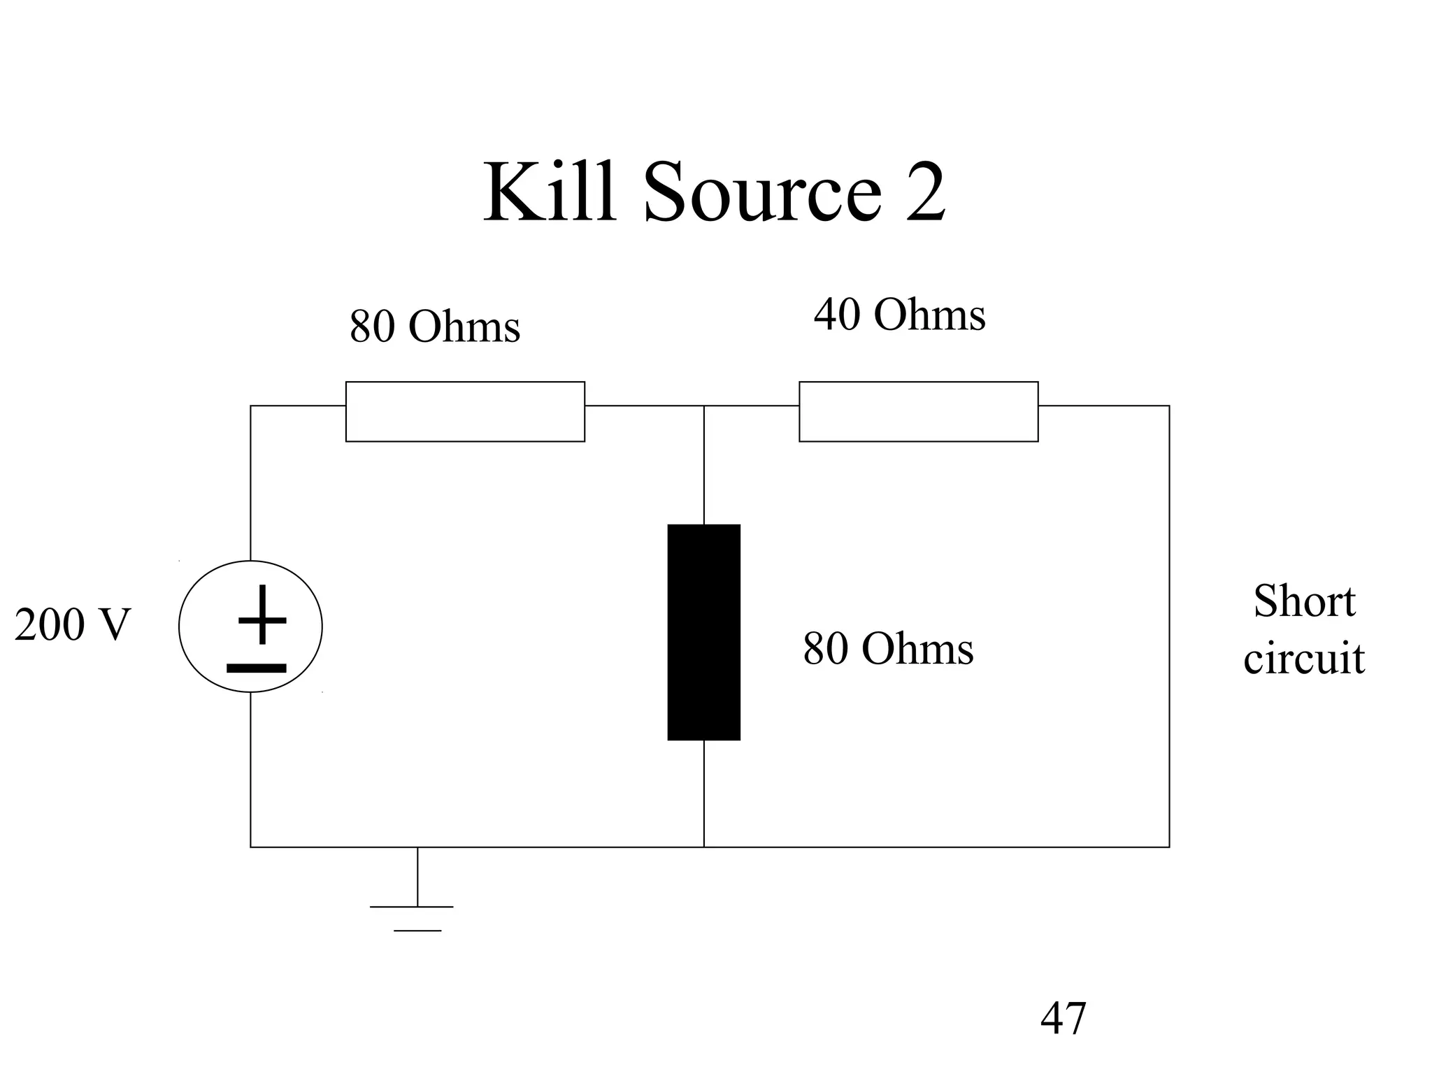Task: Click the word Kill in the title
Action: (550, 192)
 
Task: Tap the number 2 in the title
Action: (925, 192)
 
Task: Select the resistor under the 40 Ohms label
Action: (918, 412)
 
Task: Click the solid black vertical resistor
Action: (703, 632)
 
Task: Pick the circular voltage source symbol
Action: (250, 626)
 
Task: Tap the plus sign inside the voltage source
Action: (262, 615)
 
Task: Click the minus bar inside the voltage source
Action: (257, 668)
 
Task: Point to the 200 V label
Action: (72, 624)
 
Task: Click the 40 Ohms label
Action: (899, 315)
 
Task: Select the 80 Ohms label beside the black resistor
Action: (888, 649)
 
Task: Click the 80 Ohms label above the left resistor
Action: (435, 326)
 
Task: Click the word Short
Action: (1304, 601)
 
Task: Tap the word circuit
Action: (1304, 659)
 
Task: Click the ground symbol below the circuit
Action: (417, 909)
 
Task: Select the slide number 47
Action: (1063, 1019)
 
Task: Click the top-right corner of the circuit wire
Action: (1169, 406)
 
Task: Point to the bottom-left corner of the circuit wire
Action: (250, 847)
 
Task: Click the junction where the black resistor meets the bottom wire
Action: (703, 847)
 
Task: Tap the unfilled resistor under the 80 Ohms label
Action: (465, 412)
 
